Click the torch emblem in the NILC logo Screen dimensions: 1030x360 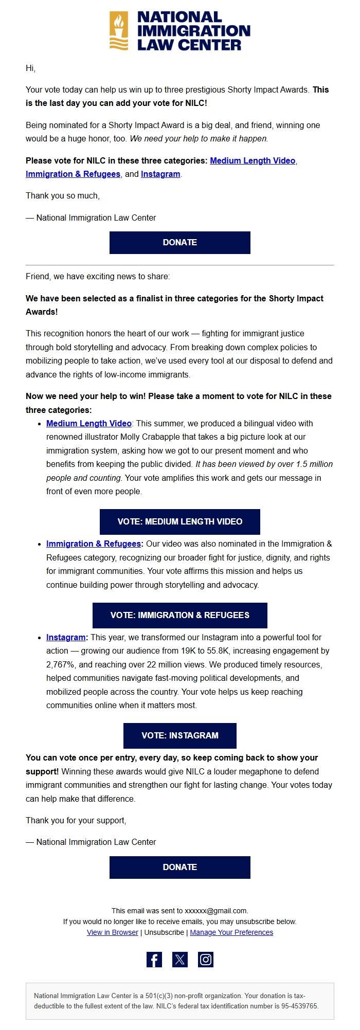tap(119, 31)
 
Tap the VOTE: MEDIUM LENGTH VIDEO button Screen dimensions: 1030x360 tap(180, 521)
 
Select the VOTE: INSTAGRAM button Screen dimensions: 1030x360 tap(180, 735)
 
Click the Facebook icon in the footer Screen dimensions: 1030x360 tap(154, 960)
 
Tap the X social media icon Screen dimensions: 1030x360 tap(180, 960)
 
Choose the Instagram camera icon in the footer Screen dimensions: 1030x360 tap(206, 960)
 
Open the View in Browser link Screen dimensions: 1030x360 tap(113, 932)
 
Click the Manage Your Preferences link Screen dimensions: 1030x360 tap(231, 932)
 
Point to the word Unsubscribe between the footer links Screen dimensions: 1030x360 tap(164, 932)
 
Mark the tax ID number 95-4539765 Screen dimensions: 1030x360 tap(300, 1006)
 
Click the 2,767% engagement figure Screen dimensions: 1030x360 tap(61, 664)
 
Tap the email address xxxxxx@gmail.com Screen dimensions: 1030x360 tap(216, 910)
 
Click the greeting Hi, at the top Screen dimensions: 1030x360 tap(30, 68)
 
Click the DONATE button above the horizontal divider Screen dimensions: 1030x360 tap(180, 242)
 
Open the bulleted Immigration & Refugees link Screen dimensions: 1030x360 tap(93, 544)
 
